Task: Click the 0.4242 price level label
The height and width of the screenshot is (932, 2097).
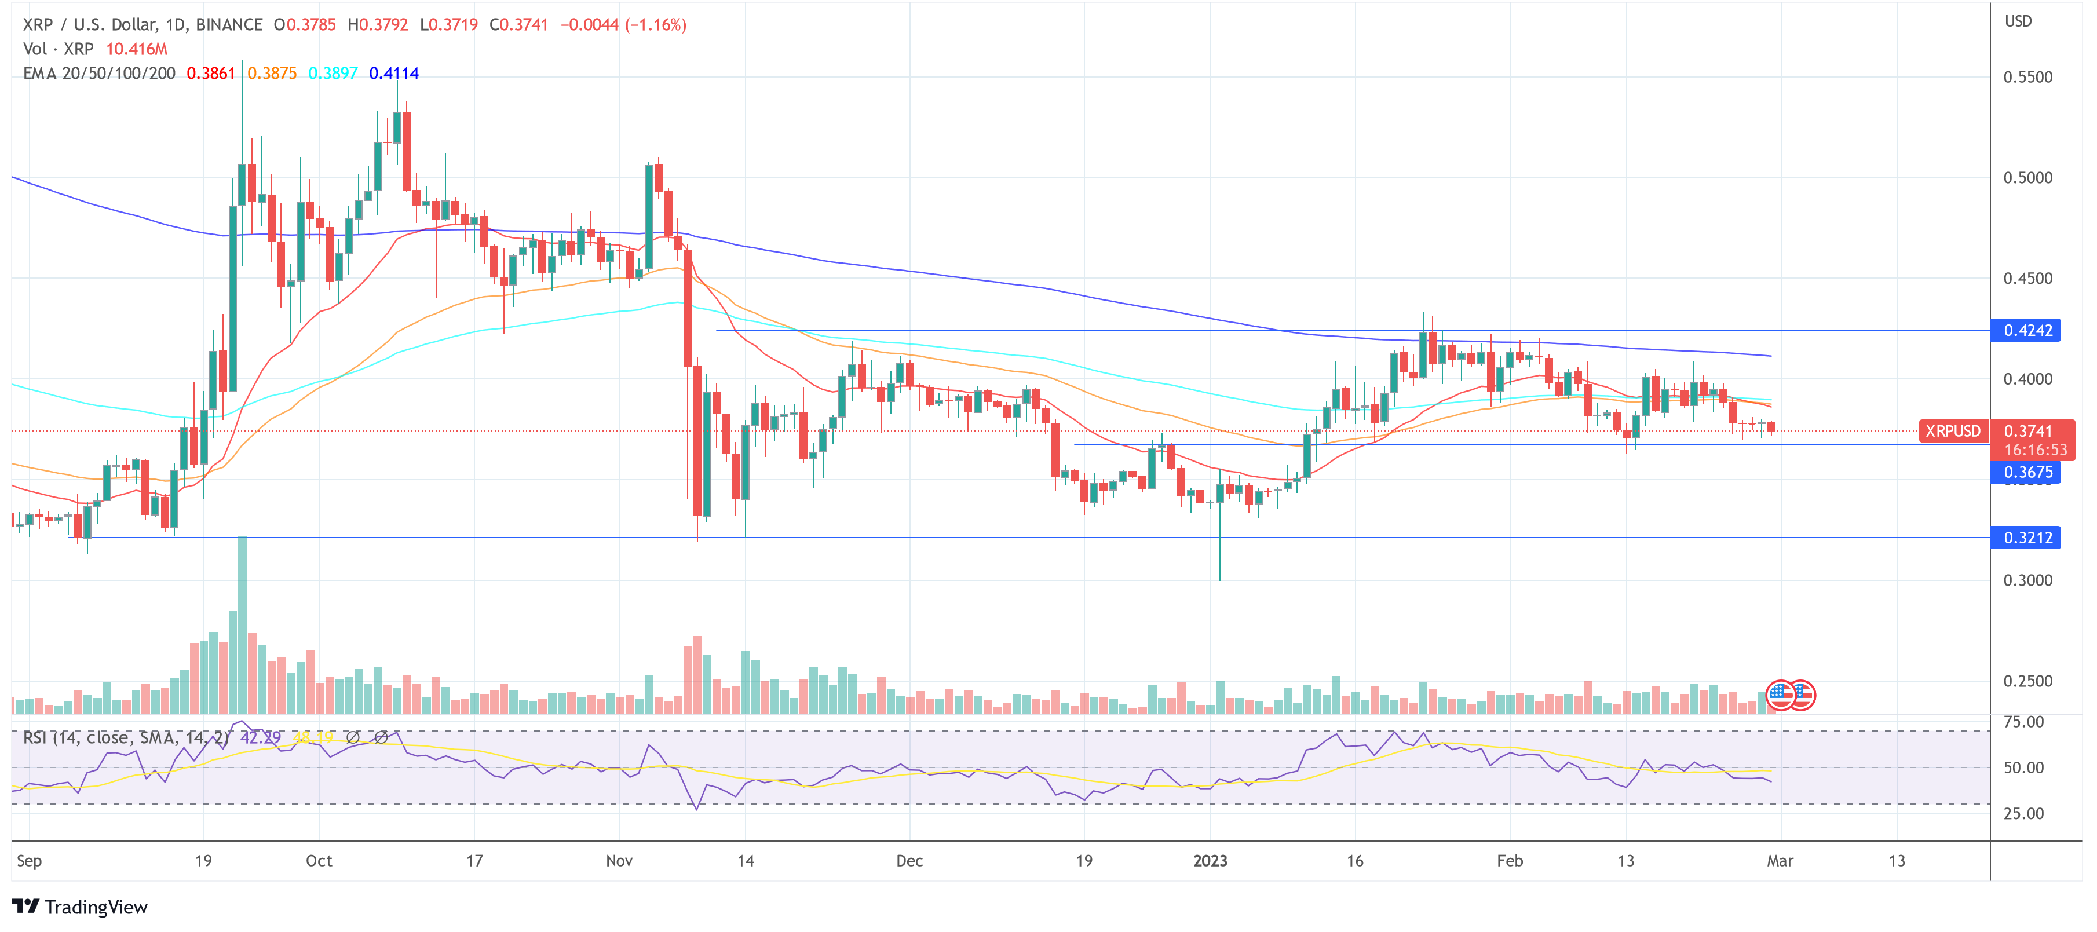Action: [x=2026, y=331]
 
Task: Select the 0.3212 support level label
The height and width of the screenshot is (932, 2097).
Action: [x=2026, y=538]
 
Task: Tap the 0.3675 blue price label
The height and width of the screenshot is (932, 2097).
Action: [x=2026, y=473]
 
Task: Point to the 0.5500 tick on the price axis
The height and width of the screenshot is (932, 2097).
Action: [x=2027, y=77]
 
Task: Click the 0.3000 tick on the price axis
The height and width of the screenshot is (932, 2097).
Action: [x=2027, y=580]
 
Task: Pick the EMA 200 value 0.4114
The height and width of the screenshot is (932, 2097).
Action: [x=393, y=73]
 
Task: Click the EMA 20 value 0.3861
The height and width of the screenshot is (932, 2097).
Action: [x=211, y=73]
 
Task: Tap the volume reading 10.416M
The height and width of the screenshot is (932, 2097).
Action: [x=137, y=49]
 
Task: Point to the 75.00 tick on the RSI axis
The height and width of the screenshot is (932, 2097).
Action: [x=2023, y=722]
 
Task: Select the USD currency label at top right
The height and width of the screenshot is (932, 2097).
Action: [x=2018, y=21]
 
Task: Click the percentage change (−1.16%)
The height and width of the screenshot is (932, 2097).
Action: [x=655, y=24]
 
